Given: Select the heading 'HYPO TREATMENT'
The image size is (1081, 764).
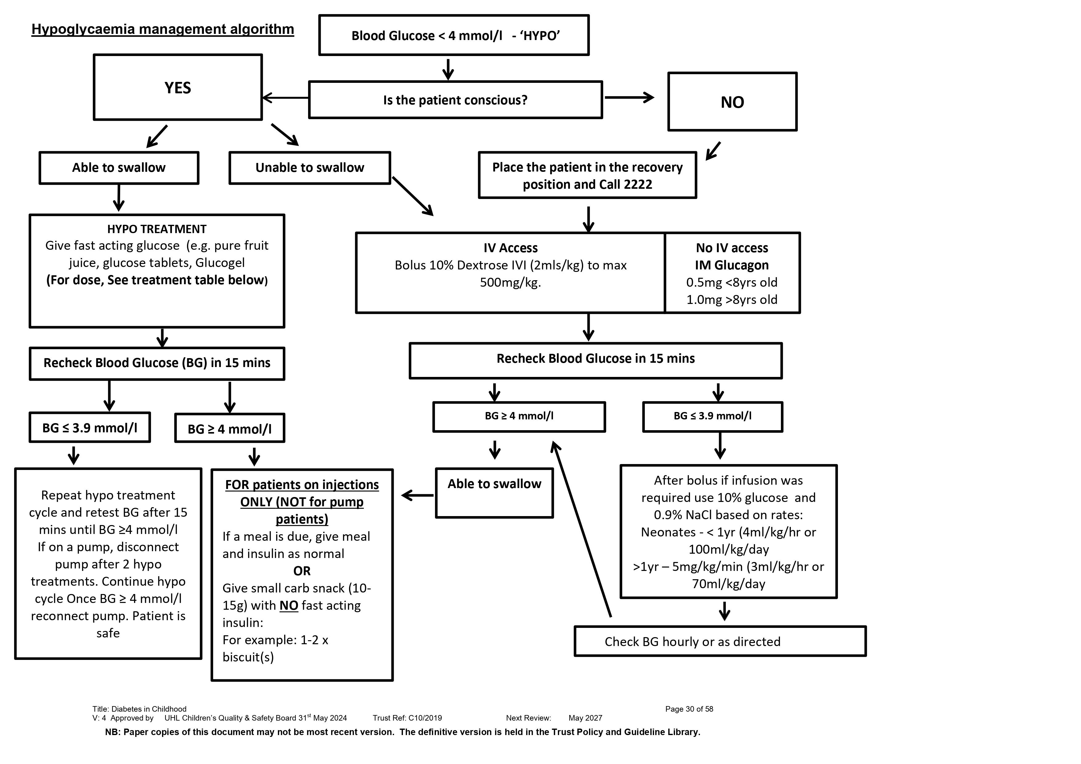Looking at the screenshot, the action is point(157,229).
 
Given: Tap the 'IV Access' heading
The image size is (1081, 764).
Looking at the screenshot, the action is point(510,248).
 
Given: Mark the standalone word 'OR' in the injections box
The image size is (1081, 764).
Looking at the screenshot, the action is point(302,571).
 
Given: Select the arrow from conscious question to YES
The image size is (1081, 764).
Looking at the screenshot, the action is point(285,98).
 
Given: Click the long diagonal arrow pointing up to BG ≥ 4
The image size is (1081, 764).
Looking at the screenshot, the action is point(581,529).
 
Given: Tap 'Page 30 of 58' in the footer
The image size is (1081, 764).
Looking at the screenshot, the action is point(689,709).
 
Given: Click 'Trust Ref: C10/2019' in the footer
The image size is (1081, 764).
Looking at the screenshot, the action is point(407,718).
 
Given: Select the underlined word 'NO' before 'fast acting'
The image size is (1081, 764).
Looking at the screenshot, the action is point(289,605).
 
